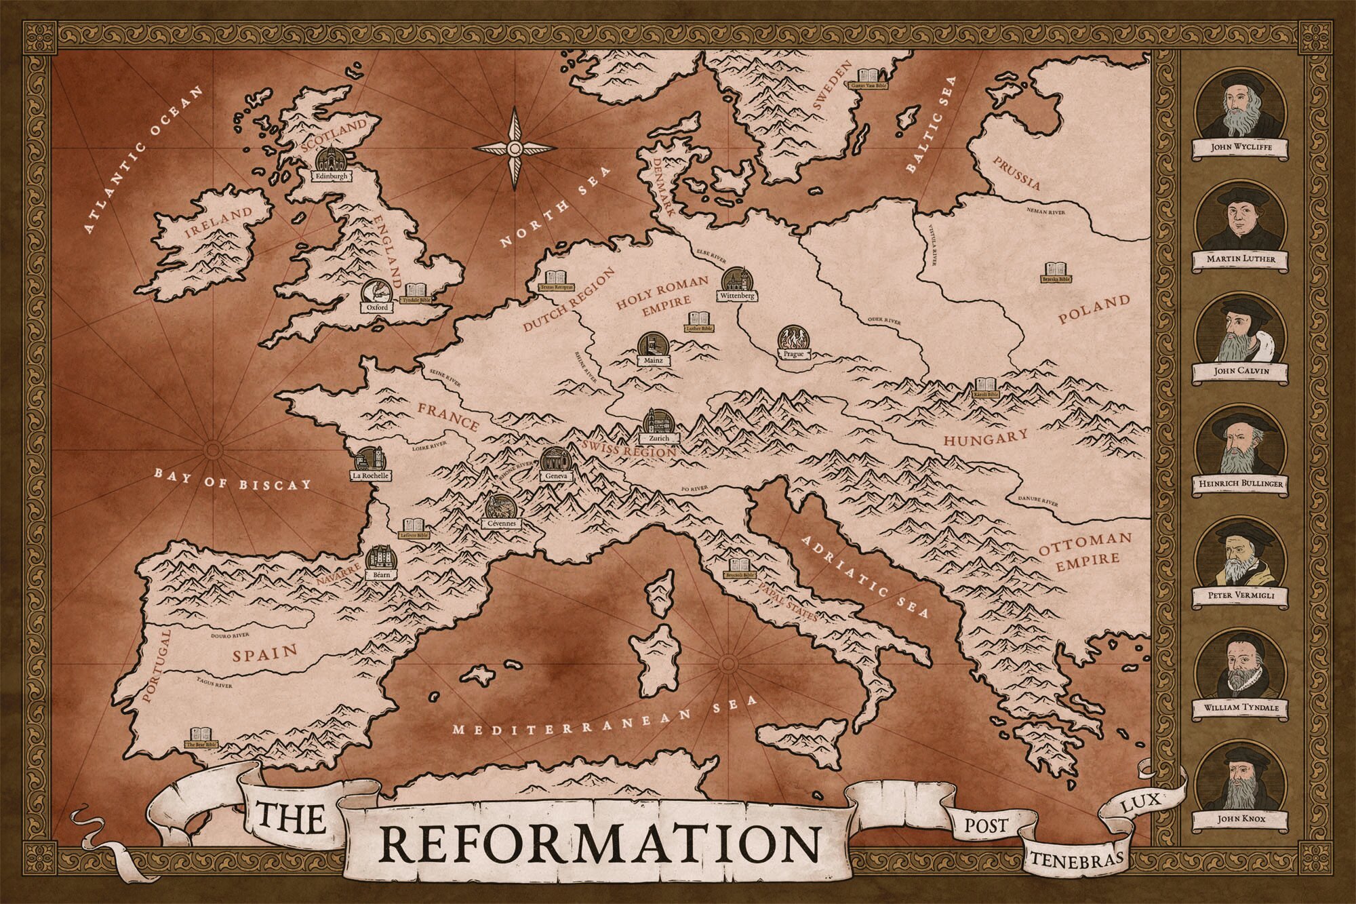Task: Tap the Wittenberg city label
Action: point(738,296)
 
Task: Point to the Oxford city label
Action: point(376,307)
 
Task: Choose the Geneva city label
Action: point(555,477)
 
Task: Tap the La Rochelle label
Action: point(370,476)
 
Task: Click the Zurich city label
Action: point(658,438)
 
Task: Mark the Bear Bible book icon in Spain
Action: point(201,734)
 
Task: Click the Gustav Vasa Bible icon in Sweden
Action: point(869,76)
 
